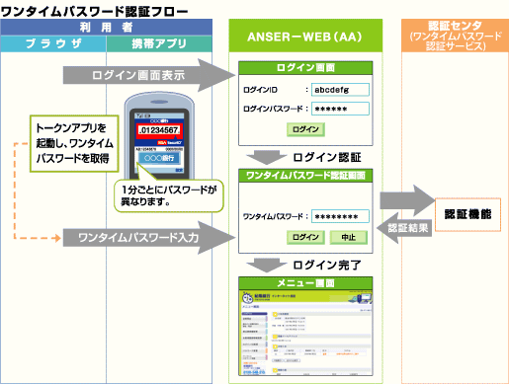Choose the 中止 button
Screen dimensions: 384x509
[x=347, y=237]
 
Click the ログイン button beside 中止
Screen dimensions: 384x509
[x=306, y=237]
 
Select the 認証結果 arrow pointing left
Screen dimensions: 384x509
[x=406, y=228]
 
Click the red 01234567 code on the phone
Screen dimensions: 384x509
[x=158, y=129]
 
